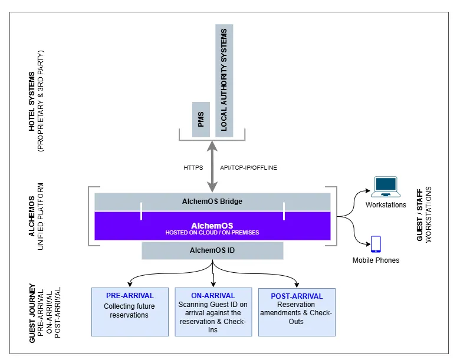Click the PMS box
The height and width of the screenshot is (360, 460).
(x=201, y=118)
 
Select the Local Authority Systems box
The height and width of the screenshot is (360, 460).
(x=224, y=80)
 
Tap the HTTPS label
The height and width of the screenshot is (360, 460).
(x=193, y=168)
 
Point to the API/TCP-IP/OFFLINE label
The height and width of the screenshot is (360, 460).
(x=248, y=168)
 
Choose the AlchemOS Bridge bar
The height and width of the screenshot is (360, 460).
(x=212, y=202)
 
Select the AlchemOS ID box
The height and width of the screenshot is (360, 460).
(x=212, y=250)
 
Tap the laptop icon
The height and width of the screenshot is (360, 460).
(x=386, y=187)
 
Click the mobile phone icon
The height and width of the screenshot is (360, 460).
(x=376, y=245)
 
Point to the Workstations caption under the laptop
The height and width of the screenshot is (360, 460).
(x=386, y=205)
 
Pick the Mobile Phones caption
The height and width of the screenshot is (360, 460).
(x=376, y=260)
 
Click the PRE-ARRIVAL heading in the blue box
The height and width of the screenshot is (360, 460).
(x=130, y=296)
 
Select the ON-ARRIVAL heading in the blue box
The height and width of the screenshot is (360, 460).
(x=213, y=296)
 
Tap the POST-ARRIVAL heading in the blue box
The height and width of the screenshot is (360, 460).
(x=297, y=296)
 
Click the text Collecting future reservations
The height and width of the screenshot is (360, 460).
(x=130, y=311)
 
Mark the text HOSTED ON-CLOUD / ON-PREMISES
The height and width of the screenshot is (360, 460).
(x=212, y=233)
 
